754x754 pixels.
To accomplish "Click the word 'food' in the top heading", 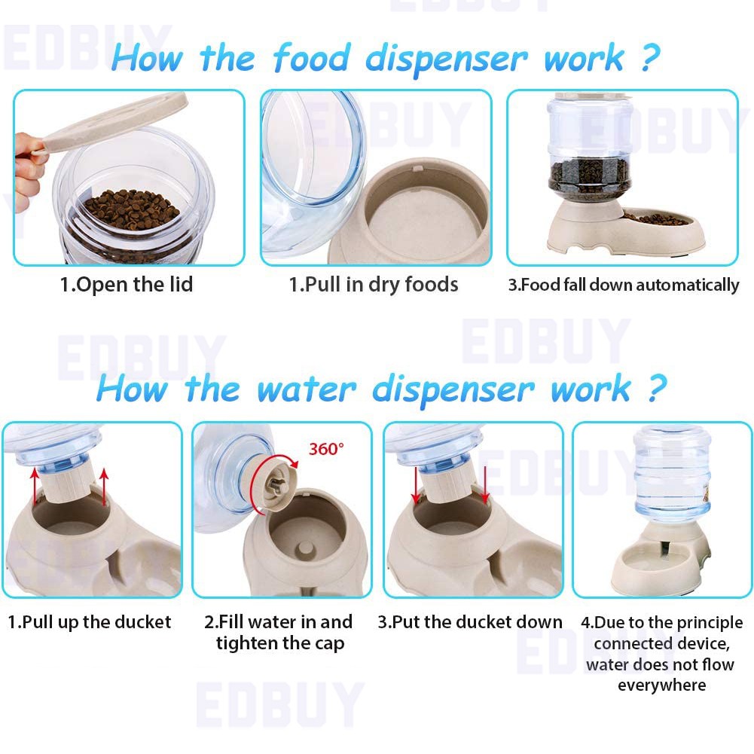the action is (311, 58).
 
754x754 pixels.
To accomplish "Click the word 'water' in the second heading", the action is (307, 389).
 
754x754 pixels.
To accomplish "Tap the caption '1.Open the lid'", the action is (127, 285).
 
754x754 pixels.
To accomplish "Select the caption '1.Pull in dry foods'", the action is (373, 285).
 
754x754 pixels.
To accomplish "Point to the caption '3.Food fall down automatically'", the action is (624, 285).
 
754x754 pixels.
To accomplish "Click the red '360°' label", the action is (326, 449).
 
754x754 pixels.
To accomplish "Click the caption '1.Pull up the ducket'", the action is (90, 622).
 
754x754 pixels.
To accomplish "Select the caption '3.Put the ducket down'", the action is (470, 622).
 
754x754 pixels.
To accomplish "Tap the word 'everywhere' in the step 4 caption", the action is (661, 685).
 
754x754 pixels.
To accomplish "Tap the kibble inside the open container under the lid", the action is (129, 209).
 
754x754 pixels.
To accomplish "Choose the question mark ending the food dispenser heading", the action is (649, 58).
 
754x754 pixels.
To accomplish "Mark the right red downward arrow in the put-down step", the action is (485, 484).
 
